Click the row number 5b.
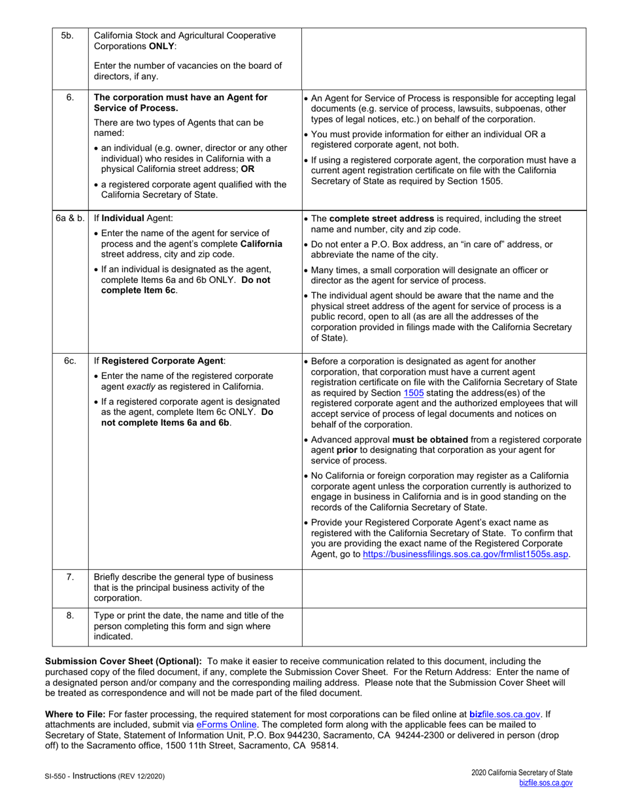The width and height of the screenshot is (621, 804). coord(67,36)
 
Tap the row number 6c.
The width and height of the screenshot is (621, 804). coord(67,361)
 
